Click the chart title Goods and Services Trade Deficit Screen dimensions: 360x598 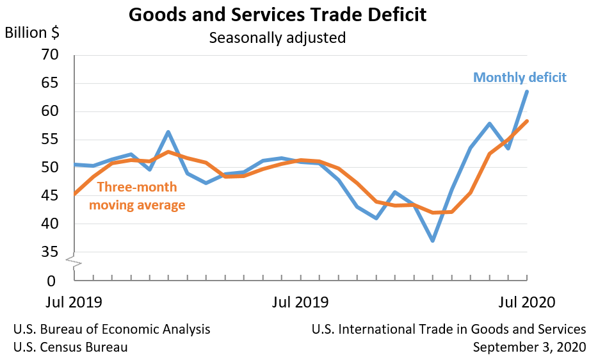pos(277,14)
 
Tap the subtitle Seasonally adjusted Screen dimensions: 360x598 pos(277,38)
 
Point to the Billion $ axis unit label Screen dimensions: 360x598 pos(35,33)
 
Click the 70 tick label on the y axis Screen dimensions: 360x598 pos(49,55)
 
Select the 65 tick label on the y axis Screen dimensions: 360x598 pos(49,83)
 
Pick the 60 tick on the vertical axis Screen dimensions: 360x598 pos(49,111)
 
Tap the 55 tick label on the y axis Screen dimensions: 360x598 pos(49,140)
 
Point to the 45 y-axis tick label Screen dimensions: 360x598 pos(49,196)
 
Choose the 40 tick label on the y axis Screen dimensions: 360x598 pos(49,224)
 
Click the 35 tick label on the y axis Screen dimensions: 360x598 pos(49,252)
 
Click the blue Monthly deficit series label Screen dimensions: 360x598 pos(520,78)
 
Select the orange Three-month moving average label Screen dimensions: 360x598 pos(137,196)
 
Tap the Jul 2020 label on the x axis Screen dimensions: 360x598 pos(526,302)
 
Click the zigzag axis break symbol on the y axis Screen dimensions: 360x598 pos(74,261)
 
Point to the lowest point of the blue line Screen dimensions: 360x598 pos(433,241)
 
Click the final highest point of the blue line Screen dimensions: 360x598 pos(527,91)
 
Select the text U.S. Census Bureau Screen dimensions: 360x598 pos(70,347)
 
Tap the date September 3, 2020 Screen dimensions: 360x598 pos(529,347)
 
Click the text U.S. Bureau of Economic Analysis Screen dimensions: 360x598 pos(111,329)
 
